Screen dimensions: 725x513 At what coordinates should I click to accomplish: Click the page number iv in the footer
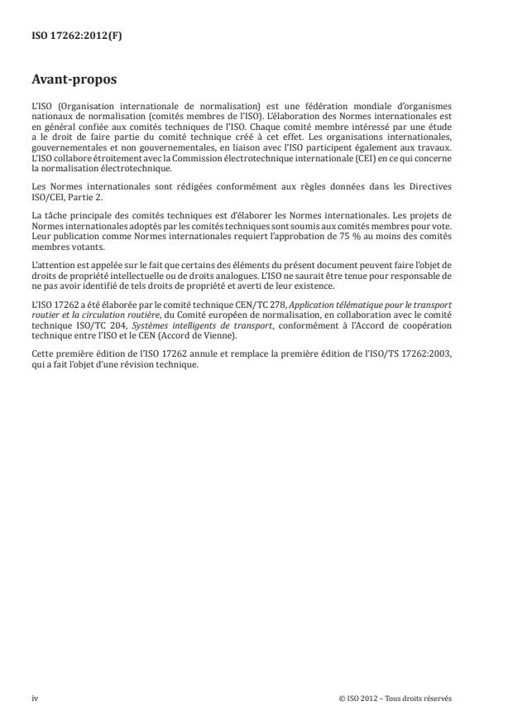pyautogui.click(x=35, y=697)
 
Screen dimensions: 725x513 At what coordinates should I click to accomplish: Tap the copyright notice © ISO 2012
pyautogui.click(x=361, y=697)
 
